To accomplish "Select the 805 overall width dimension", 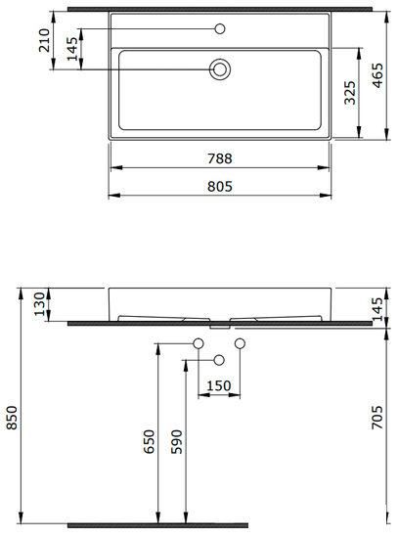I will (219, 187).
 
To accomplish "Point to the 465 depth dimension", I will (378, 76).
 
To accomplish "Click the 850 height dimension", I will (13, 419).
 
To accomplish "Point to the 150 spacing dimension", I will (219, 385).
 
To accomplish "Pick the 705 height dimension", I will (379, 421).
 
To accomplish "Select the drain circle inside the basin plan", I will (220, 69).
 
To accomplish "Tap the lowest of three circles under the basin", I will (220, 360).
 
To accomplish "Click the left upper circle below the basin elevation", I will (199, 342).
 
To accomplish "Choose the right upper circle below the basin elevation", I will (241, 342).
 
